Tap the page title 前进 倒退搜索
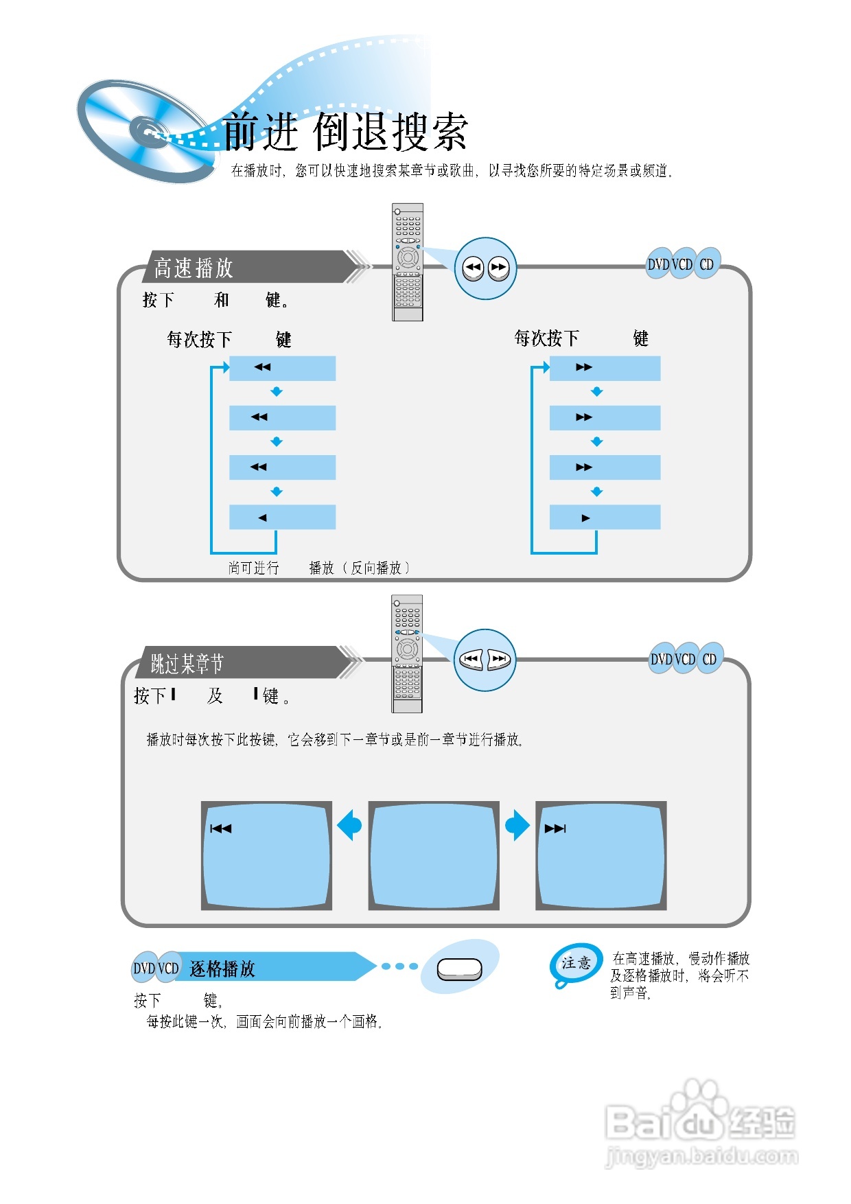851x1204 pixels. point(345,131)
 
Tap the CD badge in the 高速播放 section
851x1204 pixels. point(706,264)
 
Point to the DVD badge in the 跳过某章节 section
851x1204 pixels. point(661,659)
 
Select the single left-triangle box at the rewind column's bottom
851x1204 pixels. point(282,518)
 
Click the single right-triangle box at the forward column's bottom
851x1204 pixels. point(605,518)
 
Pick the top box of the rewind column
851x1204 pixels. point(282,368)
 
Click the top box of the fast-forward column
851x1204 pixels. point(605,368)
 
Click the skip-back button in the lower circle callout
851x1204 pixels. point(471,660)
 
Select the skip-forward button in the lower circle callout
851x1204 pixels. point(499,660)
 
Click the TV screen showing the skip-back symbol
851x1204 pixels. point(266,855)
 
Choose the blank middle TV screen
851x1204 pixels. point(434,855)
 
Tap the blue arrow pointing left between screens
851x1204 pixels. point(350,825)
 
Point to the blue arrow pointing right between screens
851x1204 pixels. point(517,825)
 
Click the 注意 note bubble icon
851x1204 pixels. point(575,964)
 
